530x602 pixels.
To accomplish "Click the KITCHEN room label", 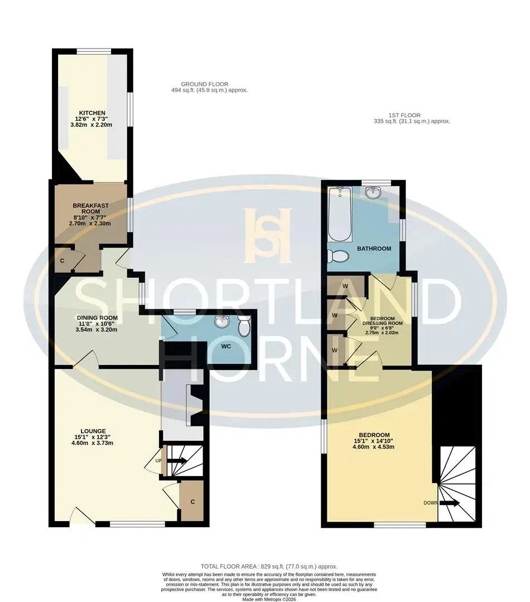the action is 92,113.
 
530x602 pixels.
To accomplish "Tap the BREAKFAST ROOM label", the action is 91,208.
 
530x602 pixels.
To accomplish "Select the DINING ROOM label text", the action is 97,318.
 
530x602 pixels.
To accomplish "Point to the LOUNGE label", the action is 93,431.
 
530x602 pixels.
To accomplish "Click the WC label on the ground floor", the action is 226,346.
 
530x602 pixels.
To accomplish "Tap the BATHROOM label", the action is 374,249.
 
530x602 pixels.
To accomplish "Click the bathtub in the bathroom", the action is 340,214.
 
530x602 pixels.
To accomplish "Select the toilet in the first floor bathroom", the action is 338,256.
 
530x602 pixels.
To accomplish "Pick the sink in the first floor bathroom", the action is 373,192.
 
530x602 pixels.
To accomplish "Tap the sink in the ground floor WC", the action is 221,322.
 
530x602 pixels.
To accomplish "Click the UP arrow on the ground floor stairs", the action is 177,461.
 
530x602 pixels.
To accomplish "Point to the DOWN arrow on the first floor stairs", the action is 449,503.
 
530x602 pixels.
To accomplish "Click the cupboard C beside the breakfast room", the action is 62,261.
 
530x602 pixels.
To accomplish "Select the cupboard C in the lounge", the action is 192,502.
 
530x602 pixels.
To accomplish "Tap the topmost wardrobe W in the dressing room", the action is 345,286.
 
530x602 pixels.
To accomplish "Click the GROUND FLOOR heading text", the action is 204,84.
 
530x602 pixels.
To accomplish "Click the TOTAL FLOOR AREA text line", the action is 269,566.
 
